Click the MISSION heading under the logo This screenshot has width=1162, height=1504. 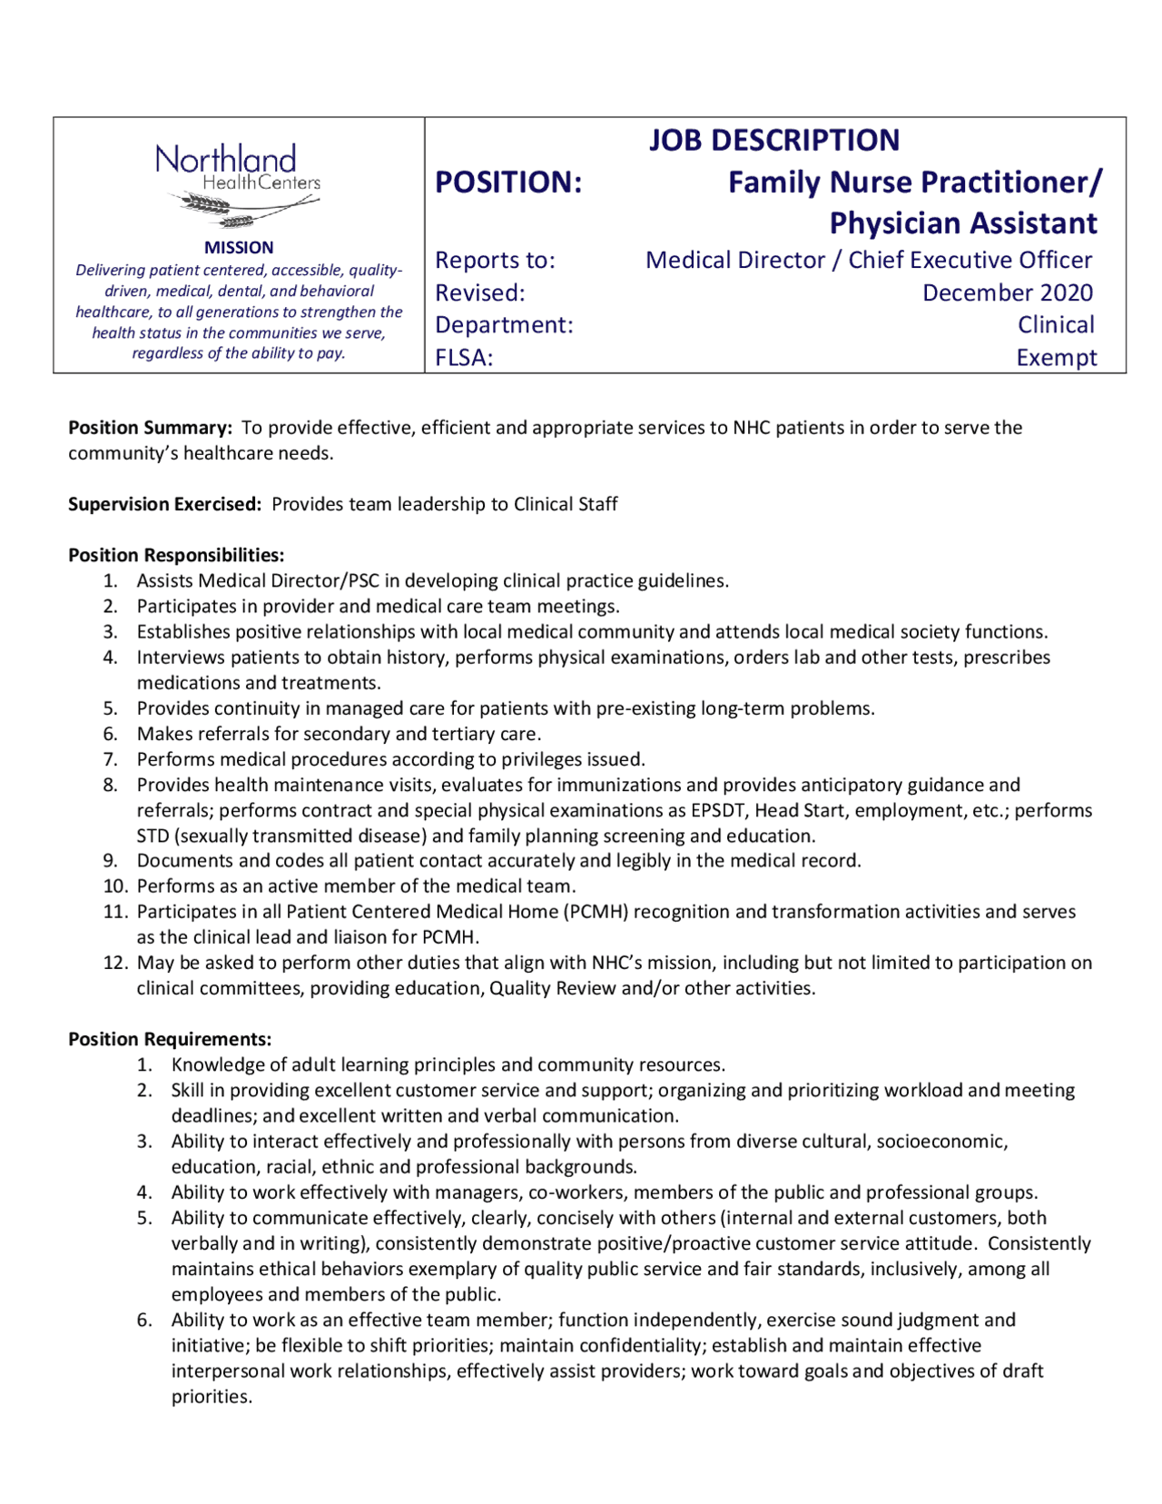click(x=239, y=247)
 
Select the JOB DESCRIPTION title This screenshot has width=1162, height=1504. click(x=773, y=141)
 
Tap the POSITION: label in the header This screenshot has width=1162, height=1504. click(x=508, y=183)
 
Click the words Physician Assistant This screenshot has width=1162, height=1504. click(x=963, y=223)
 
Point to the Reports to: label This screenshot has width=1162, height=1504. click(x=495, y=261)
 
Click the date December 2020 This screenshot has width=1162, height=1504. click(x=1007, y=292)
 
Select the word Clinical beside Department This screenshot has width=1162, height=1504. click(x=1055, y=325)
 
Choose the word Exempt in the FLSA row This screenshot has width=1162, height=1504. click(x=1056, y=358)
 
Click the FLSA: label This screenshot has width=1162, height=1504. click(x=464, y=358)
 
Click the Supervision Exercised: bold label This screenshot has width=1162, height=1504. click(x=165, y=504)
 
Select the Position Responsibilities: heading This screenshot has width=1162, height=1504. click(x=176, y=555)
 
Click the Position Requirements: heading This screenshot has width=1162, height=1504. click(x=170, y=1039)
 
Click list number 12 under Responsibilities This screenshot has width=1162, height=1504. click(x=115, y=963)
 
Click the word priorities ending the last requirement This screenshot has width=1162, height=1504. click(x=211, y=1397)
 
